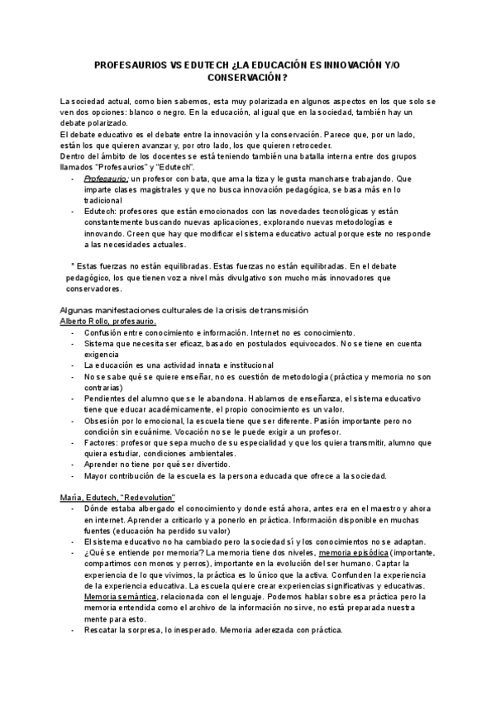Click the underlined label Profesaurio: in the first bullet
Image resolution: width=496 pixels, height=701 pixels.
point(106,178)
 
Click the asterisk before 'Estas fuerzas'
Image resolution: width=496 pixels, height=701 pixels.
point(74,265)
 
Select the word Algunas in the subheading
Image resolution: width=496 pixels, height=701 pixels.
point(78,309)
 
